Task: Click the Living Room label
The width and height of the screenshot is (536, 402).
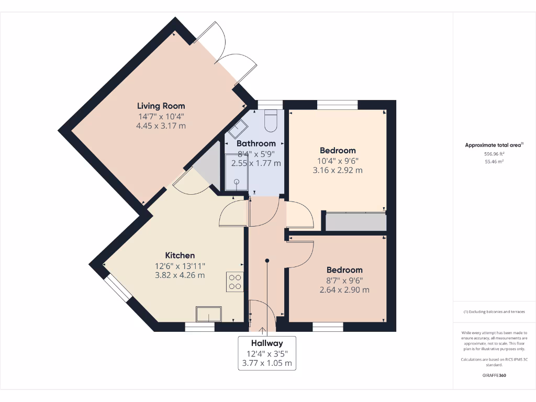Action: [x=161, y=106]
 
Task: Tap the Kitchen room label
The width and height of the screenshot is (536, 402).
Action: [x=180, y=255]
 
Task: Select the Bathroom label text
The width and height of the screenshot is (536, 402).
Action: [x=256, y=143]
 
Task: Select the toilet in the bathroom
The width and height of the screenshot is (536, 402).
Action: [x=271, y=121]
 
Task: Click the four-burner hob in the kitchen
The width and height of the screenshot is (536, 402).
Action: [x=235, y=282]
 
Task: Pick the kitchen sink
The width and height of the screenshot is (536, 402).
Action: [x=208, y=314]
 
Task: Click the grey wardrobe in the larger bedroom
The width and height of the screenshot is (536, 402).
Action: [x=355, y=221]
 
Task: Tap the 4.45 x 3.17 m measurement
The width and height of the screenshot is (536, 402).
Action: [x=161, y=126]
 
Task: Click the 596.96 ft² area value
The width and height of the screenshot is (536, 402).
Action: [x=494, y=154]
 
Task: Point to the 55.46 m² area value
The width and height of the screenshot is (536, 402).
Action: [x=494, y=162]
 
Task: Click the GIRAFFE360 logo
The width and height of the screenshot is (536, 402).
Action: [x=494, y=375]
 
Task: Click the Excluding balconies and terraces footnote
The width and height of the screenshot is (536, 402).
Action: [x=494, y=312]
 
